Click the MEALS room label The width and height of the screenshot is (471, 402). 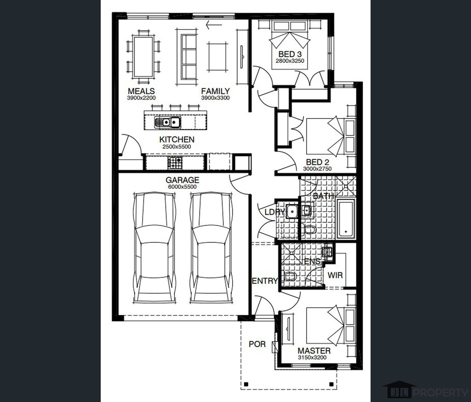pos(141,91)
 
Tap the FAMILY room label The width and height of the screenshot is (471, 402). pos(215,91)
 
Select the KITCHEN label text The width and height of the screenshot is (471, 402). pos(177,139)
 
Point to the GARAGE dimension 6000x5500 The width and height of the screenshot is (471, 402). pos(182,187)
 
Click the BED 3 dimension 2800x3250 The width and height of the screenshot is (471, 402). pos(290,61)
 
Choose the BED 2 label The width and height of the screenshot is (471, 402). pos(317,162)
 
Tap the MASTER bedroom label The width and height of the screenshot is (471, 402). pos(314,351)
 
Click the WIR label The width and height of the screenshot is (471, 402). pos(335,275)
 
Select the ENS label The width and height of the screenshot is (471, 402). pos(313,262)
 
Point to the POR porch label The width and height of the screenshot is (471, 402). pos(257,344)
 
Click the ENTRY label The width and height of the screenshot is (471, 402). pos(265,281)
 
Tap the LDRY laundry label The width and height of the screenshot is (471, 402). pos(274,212)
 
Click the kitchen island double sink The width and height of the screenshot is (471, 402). pos(167,122)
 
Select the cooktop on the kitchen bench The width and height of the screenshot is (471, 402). pos(175,163)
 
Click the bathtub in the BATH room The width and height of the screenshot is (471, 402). pos(346,219)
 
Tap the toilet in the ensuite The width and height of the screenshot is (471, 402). pos(290,277)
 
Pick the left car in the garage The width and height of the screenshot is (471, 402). pos(154,248)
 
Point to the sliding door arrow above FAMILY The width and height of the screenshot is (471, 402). pos(214,25)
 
